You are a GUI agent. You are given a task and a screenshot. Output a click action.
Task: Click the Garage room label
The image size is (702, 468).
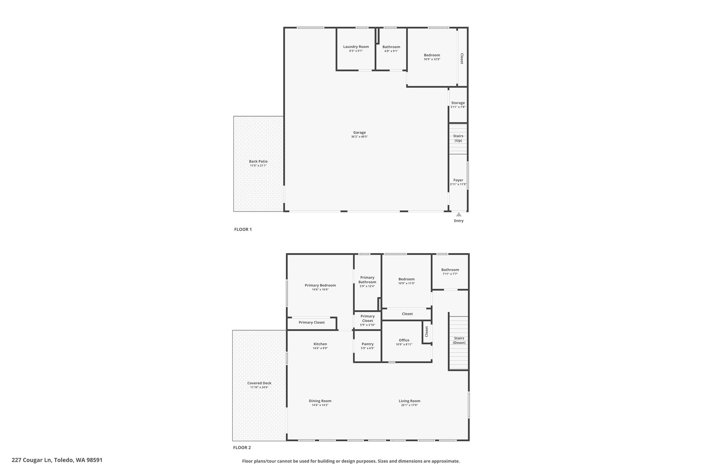tap(360, 133)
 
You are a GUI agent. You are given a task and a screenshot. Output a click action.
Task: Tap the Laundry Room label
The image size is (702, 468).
tap(356, 47)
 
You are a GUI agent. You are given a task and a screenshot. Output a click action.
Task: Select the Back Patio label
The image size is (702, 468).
tap(258, 161)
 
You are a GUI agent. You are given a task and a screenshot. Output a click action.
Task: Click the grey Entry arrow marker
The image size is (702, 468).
tap(459, 214)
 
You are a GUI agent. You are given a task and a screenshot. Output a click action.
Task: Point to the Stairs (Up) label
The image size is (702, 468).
tap(458, 138)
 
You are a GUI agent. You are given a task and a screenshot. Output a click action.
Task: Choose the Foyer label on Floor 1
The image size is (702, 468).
tap(458, 180)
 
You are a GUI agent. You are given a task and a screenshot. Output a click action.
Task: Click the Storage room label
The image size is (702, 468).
tap(458, 103)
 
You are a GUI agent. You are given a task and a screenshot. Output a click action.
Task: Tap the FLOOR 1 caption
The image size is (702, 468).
tap(243, 229)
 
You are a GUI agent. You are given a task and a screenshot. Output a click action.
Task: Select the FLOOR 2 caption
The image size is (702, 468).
tap(242, 447)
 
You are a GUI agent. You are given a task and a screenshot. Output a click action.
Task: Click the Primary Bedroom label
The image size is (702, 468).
tap(320, 285)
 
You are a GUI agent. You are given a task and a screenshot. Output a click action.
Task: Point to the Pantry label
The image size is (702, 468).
tap(367, 344)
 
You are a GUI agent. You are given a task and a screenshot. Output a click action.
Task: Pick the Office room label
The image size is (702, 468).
tap(404, 340)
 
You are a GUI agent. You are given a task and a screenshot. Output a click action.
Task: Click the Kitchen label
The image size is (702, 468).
tap(320, 344)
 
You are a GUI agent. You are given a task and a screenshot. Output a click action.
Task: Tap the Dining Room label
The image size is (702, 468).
tap(320, 401)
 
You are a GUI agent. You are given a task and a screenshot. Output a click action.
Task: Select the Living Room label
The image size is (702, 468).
tap(409, 401)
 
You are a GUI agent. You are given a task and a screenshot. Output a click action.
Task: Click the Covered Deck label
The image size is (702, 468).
tap(259, 383)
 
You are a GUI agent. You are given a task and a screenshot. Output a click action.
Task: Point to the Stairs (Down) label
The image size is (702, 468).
tap(459, 340)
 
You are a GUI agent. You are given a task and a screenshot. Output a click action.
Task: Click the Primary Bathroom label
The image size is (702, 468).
tap(367, 280)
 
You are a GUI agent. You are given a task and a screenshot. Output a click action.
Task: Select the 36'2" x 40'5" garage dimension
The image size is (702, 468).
tap(360, 137)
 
